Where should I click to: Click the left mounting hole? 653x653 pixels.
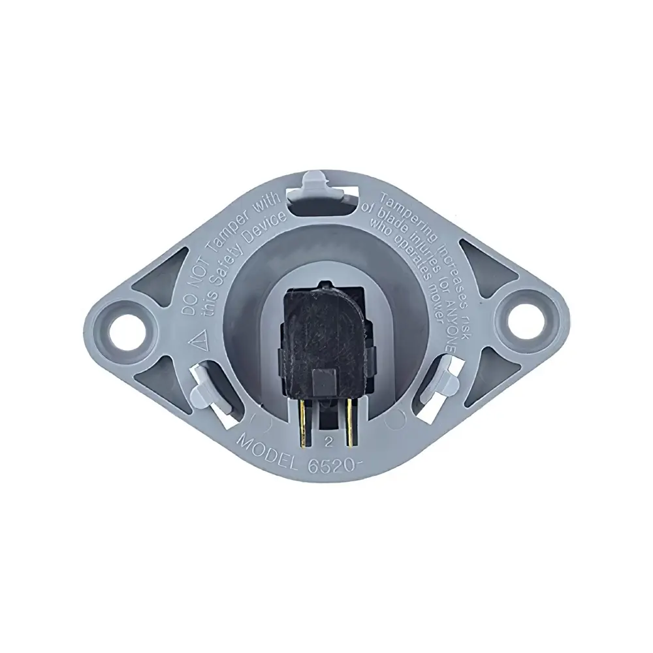click(125, 325)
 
